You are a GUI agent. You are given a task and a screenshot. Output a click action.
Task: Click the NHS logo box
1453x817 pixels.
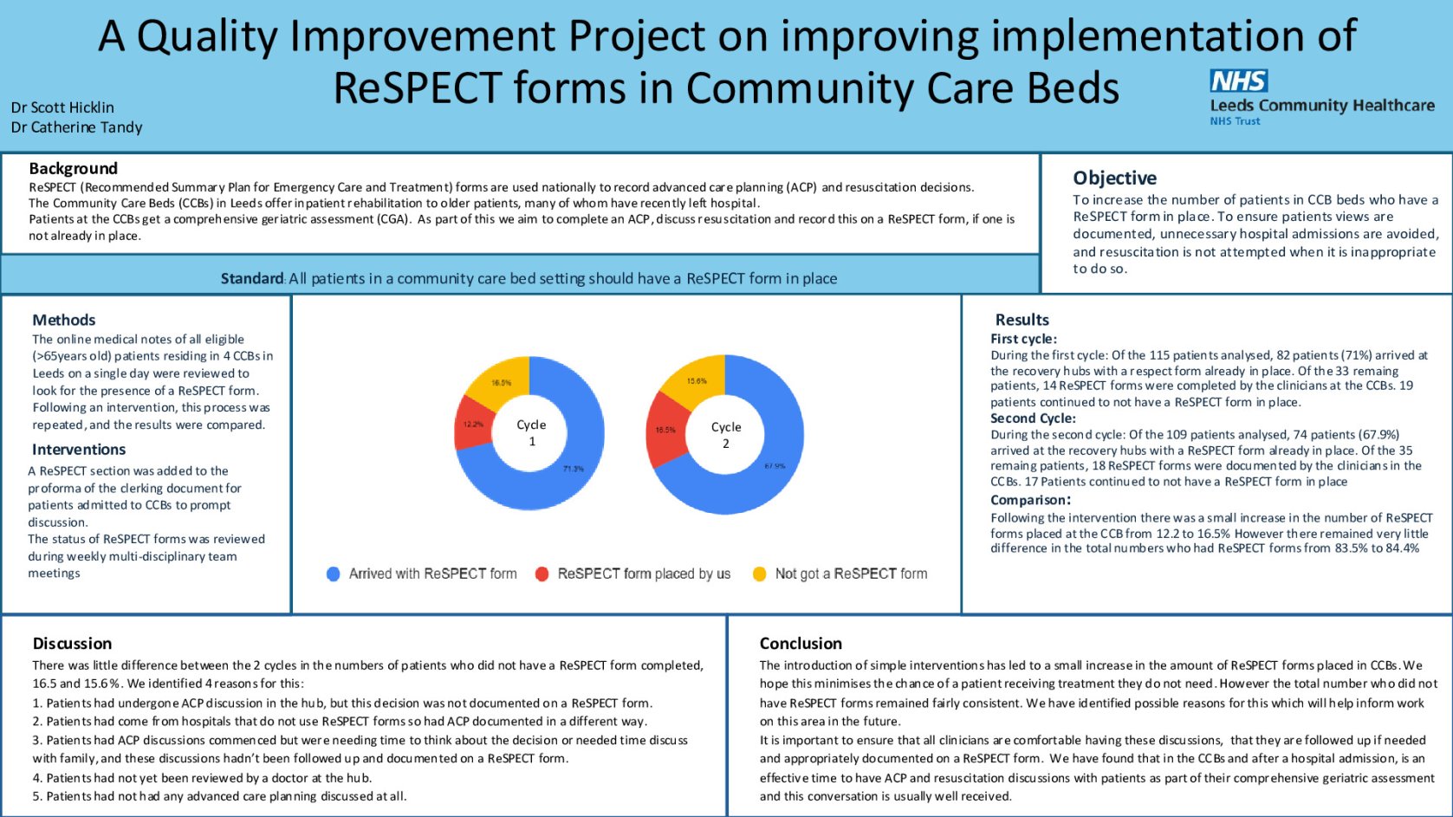pyautogui.click(x=1238, y=81)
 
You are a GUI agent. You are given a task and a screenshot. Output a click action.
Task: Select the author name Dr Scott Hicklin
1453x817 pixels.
pyautogui.click(x=62, y=107)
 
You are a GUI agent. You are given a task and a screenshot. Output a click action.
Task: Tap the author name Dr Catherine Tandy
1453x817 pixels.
pyautogui.click(x=76, y=127)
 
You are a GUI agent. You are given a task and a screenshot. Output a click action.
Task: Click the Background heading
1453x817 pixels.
pyautogui.click(x=73, y=168)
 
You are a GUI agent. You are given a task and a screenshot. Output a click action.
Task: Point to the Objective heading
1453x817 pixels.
pyautogui.click(x=1114, y=178)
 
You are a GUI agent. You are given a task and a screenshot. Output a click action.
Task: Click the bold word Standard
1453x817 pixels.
pyautogui.click(x=251, y=278)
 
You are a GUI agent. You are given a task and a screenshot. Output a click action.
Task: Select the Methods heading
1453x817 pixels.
pyautogui.click(x=63, y=320)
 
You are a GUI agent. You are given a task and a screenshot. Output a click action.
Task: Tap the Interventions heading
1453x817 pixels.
pyautogui.click(x=79, y=449)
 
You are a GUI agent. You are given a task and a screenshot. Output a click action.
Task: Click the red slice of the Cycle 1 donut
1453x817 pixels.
pyautogui.click(x=472, y=424)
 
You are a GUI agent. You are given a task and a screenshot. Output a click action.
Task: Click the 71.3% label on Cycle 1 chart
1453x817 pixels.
pyautogui.click(x=573, y=469)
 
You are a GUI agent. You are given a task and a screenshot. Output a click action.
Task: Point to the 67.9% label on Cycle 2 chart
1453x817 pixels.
pyautogui.click(x=775, y=466)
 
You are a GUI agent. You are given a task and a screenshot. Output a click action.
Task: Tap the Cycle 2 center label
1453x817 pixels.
pyautogui.click(x=725, y=435)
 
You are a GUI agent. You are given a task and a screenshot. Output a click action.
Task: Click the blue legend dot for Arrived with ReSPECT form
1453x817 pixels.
pyautogui.click(x=333, y=574)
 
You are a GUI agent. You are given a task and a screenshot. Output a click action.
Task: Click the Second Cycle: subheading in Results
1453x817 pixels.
pyautogui.click(x=1033, y=418)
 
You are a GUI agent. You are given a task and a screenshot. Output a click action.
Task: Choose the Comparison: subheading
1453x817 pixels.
pyautogui.click(x=1030, y=500)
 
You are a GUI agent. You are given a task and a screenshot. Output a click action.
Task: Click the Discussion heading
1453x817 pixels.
pyautogui.click(x=72, y=643)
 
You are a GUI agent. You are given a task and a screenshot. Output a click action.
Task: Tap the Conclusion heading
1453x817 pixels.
pyautogui.click(x=800, y=643)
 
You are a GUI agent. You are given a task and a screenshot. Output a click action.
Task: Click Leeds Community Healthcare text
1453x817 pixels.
pyautogui.click(x=1321, y=105)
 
